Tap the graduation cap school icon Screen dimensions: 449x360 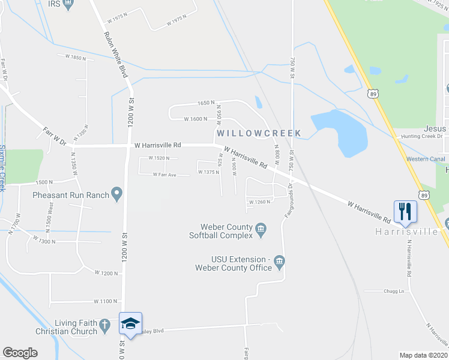point(130,323)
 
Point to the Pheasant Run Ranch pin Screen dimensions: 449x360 point(117,194)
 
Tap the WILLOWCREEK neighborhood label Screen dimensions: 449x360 point(259,132)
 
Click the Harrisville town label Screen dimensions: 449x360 point(406,232)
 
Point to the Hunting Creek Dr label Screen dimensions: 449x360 point(422,137)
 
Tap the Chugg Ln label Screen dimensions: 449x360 point(394,291)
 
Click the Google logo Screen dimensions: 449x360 point(20,353)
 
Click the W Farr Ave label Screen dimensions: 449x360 point(164,175)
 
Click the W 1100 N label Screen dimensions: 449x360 point(105,301)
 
